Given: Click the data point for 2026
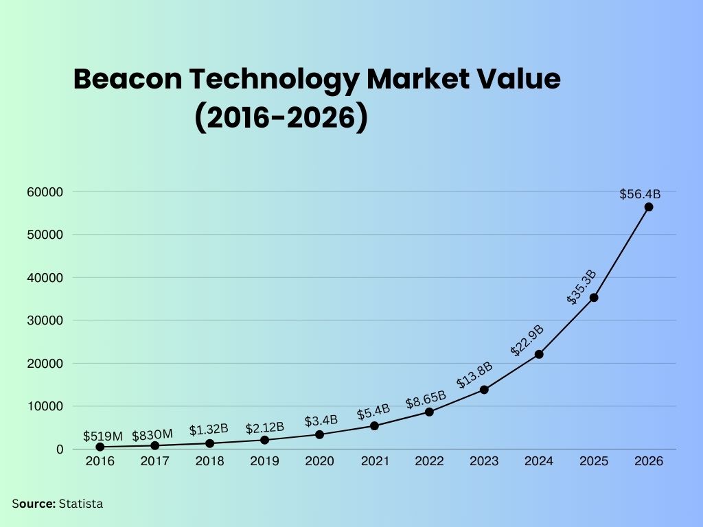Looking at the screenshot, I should (x=649, y=207).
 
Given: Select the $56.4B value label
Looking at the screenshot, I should (x=640, y=194).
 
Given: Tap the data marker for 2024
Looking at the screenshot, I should (x=539, y=354).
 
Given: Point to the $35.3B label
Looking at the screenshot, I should (x=581, y=288).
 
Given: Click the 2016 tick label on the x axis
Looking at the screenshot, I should (x=100, y=461).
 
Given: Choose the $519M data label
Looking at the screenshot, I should (x=103, y=436).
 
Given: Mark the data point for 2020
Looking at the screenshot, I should (x=319, y=434).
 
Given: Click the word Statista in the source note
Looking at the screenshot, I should (x=81, y=504).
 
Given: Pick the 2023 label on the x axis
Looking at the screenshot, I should (x=484, y=461).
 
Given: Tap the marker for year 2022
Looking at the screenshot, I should (x=429, y=412).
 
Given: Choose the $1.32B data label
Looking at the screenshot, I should (x=209, y=430).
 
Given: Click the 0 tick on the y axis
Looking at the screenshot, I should (x=60, y=449).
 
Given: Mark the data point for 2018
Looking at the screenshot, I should (x=209, y=443).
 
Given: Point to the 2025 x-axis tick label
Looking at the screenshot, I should (x=594, y=461).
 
